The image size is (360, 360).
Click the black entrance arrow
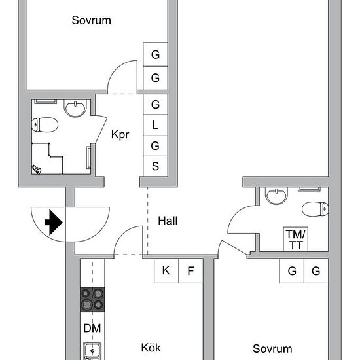coord(54,223)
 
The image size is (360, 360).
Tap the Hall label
coord(168,221)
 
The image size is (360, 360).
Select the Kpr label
coord(120,134)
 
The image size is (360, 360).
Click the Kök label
coord(151,348)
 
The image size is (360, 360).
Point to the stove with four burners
coord(92,300)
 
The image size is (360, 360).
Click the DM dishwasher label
coord(92,328)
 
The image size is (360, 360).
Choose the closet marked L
coord(155,125)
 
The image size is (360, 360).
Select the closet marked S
coord(155,166)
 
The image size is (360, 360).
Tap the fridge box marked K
coord(166,271)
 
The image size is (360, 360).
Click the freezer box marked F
coord(190,271)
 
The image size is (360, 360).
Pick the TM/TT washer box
coord(296,239)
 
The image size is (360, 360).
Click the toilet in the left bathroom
coord(45,124)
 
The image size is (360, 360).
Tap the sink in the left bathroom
coord(75,108)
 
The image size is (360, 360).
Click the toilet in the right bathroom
coord(315,209)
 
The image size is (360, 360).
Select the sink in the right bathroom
coord(276,196)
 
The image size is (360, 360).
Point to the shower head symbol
coord(36,170)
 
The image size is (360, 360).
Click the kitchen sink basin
coord(92,351)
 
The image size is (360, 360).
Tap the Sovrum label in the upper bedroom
coord(91,20)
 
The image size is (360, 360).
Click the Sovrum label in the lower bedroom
coord(272,349)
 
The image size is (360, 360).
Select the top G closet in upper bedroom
coord(155,54)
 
